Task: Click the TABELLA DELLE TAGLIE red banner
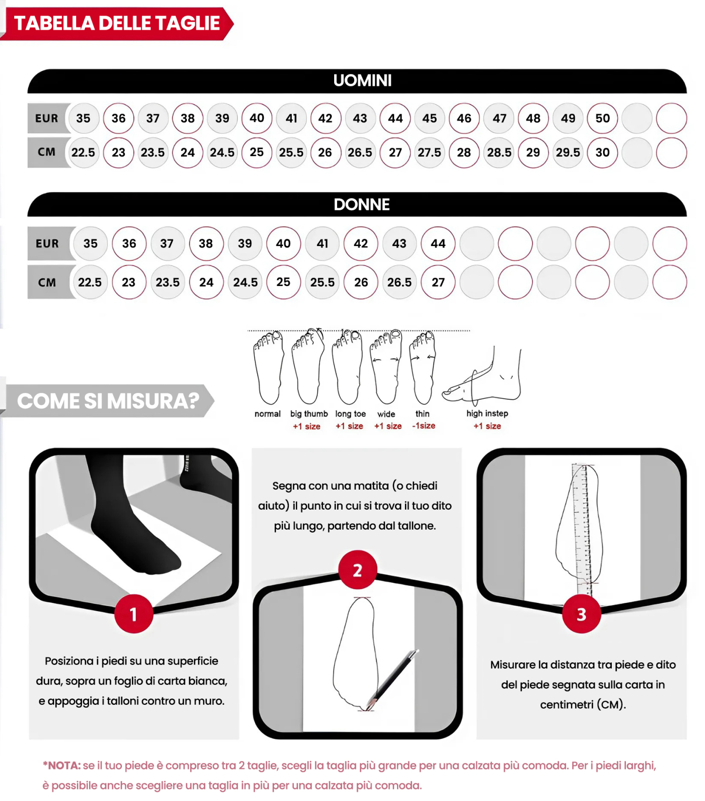117,23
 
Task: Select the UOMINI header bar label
362,81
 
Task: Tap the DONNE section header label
362,205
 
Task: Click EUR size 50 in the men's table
602,118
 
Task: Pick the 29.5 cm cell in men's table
568,153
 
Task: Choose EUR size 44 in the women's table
438,244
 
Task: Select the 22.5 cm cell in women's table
90,282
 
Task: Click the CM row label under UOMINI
47,152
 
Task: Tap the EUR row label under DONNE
47,244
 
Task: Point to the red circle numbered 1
134,614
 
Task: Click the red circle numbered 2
358,570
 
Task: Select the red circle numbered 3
581,614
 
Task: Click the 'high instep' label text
487,413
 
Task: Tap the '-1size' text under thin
423,426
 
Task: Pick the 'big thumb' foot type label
309,414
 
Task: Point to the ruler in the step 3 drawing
583,527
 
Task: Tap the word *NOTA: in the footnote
61,765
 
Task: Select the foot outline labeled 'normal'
268,369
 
